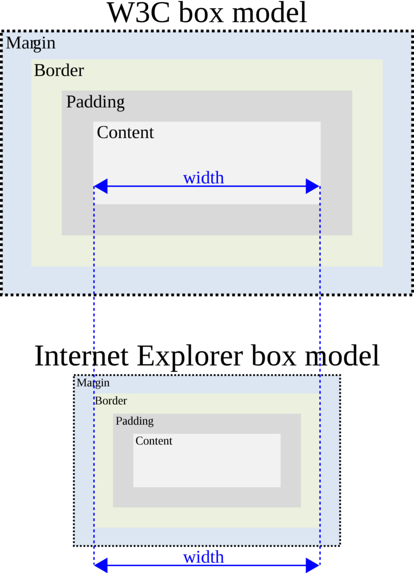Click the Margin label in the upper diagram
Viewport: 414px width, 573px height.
[31, 43]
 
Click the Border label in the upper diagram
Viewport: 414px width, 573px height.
[59, 71]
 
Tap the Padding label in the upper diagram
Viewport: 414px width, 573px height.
[95, 102]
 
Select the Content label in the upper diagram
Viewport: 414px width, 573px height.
[125, 133]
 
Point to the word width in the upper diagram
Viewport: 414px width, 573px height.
[203, 177]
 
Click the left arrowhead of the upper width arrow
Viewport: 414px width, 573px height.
[101, 187]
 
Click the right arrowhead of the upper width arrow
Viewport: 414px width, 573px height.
[313, 187]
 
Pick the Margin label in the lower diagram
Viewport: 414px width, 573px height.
[93, 383]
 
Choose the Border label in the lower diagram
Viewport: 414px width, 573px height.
[111, 401]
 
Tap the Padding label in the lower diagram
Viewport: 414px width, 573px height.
[134, 421]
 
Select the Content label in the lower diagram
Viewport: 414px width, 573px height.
[154, 441]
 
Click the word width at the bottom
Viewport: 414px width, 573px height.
[203, 557]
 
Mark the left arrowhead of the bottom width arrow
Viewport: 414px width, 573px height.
[101, 565]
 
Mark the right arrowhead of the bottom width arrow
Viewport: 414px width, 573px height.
[313, 565]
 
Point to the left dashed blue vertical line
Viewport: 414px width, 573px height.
[94, 323]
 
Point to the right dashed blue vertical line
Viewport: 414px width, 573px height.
[320, 323]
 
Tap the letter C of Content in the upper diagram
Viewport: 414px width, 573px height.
[102, 133]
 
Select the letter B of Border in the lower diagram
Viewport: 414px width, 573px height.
[98, 401]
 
